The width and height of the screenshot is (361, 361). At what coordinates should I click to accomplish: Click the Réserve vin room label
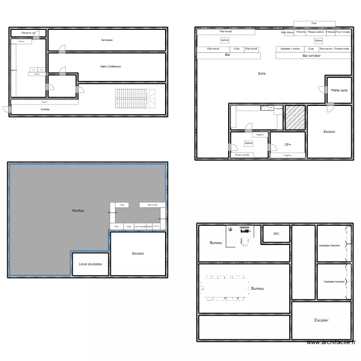coord(29,33)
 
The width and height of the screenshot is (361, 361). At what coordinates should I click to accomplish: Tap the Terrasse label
coord(107,40)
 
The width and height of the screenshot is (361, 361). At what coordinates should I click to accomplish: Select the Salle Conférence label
coord(111,66)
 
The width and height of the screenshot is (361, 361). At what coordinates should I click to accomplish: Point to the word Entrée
coord(45,110)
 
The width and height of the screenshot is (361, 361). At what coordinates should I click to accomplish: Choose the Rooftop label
coord(78,211)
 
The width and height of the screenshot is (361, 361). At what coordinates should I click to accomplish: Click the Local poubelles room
coord(90,264)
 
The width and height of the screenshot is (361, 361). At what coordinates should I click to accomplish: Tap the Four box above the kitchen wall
coord(314,23)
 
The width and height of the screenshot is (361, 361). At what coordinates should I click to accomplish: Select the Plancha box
coord(301,32)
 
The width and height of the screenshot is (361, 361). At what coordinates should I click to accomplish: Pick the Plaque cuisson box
coord(316,32)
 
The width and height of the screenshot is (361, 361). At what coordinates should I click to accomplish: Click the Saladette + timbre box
coord(290,49)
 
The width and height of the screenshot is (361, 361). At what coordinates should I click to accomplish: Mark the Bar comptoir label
coord(311,56)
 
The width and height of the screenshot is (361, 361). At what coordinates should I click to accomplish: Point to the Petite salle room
coord(339,90)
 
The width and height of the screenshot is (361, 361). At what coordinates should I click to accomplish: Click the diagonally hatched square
coord(295,117)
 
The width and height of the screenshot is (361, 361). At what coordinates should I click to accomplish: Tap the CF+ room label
coord(288,144)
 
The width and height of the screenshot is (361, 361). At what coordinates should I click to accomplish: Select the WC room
coord(276,234)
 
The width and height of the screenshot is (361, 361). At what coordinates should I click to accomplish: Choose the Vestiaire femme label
coord(329,245)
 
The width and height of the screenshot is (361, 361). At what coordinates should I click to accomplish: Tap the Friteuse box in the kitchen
coord(331,32)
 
